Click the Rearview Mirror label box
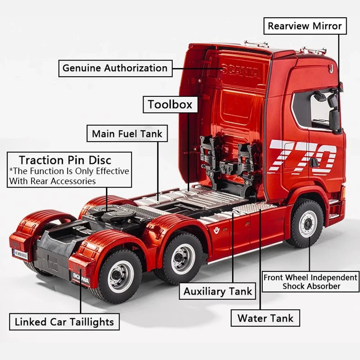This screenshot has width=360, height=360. [x=305, y=26]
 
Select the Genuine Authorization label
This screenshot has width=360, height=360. [x=115, y=68]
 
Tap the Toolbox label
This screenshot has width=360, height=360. [x=170, y=105]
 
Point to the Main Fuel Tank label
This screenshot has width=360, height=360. [x=127, y=134]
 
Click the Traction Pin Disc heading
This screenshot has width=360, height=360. [x=65, y=160]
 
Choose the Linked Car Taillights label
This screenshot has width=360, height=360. [x=64, y=322]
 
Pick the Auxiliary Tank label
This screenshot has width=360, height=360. [x=218, y=291]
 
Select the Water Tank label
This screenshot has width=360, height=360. [x=265, y=318]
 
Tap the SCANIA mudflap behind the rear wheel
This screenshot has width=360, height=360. [x=80, y=278]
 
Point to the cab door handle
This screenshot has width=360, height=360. [x=314, y=162]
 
